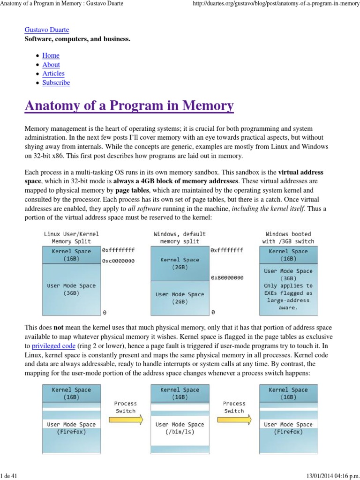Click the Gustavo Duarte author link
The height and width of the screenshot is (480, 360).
[x=46, y=30]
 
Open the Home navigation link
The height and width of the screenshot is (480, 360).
[x=51, y=55]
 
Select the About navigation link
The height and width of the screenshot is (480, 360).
[x=51, y=65]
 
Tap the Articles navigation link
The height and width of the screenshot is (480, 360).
[x=53, y=74]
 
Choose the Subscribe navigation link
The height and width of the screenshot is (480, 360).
[x=56, y=82]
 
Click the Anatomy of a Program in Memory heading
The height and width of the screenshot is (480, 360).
[x=129, y=106]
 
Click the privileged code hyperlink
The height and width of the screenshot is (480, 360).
[x=53, y=346]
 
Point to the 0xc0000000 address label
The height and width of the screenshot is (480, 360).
[x=118, y=261]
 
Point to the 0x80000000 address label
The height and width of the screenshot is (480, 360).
[x=227, y=277]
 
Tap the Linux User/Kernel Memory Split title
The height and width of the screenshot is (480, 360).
[x=71, y=238]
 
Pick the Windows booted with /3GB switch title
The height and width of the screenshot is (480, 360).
[x=288, y=238]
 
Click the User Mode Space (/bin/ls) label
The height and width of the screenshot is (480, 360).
[x=180, y=428]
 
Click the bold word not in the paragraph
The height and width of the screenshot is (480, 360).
[x=59, y=328]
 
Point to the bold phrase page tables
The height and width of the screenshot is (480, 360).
[x=129, y=191]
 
